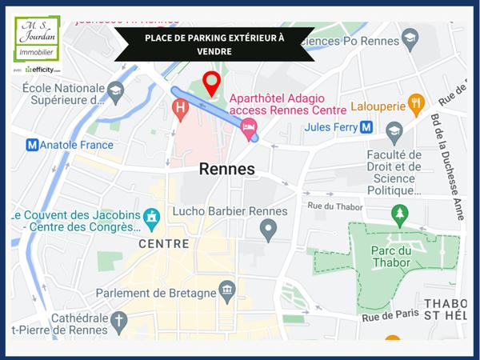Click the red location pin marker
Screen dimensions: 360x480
coord(211,82)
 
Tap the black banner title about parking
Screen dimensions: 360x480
coord(214,44)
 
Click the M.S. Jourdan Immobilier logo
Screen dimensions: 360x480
coord(38,40)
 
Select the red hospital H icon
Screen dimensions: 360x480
coord(181,106)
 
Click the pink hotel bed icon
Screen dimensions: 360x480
coord(249,126)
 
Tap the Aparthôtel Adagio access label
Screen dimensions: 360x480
coord(287,104)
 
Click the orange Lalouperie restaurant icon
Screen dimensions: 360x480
coord(414,103)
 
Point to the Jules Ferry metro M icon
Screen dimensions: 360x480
coord(366,126)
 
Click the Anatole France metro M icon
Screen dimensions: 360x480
coord(32,145)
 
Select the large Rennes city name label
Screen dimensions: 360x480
coord(226,169)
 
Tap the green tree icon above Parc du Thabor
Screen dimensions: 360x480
coord(399,214)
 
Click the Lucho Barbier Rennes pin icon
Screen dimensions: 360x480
coord(269,231)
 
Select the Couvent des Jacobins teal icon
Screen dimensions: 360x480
coord(151,216)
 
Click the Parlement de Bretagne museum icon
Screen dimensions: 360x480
coord(228,292)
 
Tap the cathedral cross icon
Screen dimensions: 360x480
coord(119,322)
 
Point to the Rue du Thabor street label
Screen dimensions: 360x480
coord(335,207)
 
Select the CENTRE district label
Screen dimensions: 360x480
coord(164,243)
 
